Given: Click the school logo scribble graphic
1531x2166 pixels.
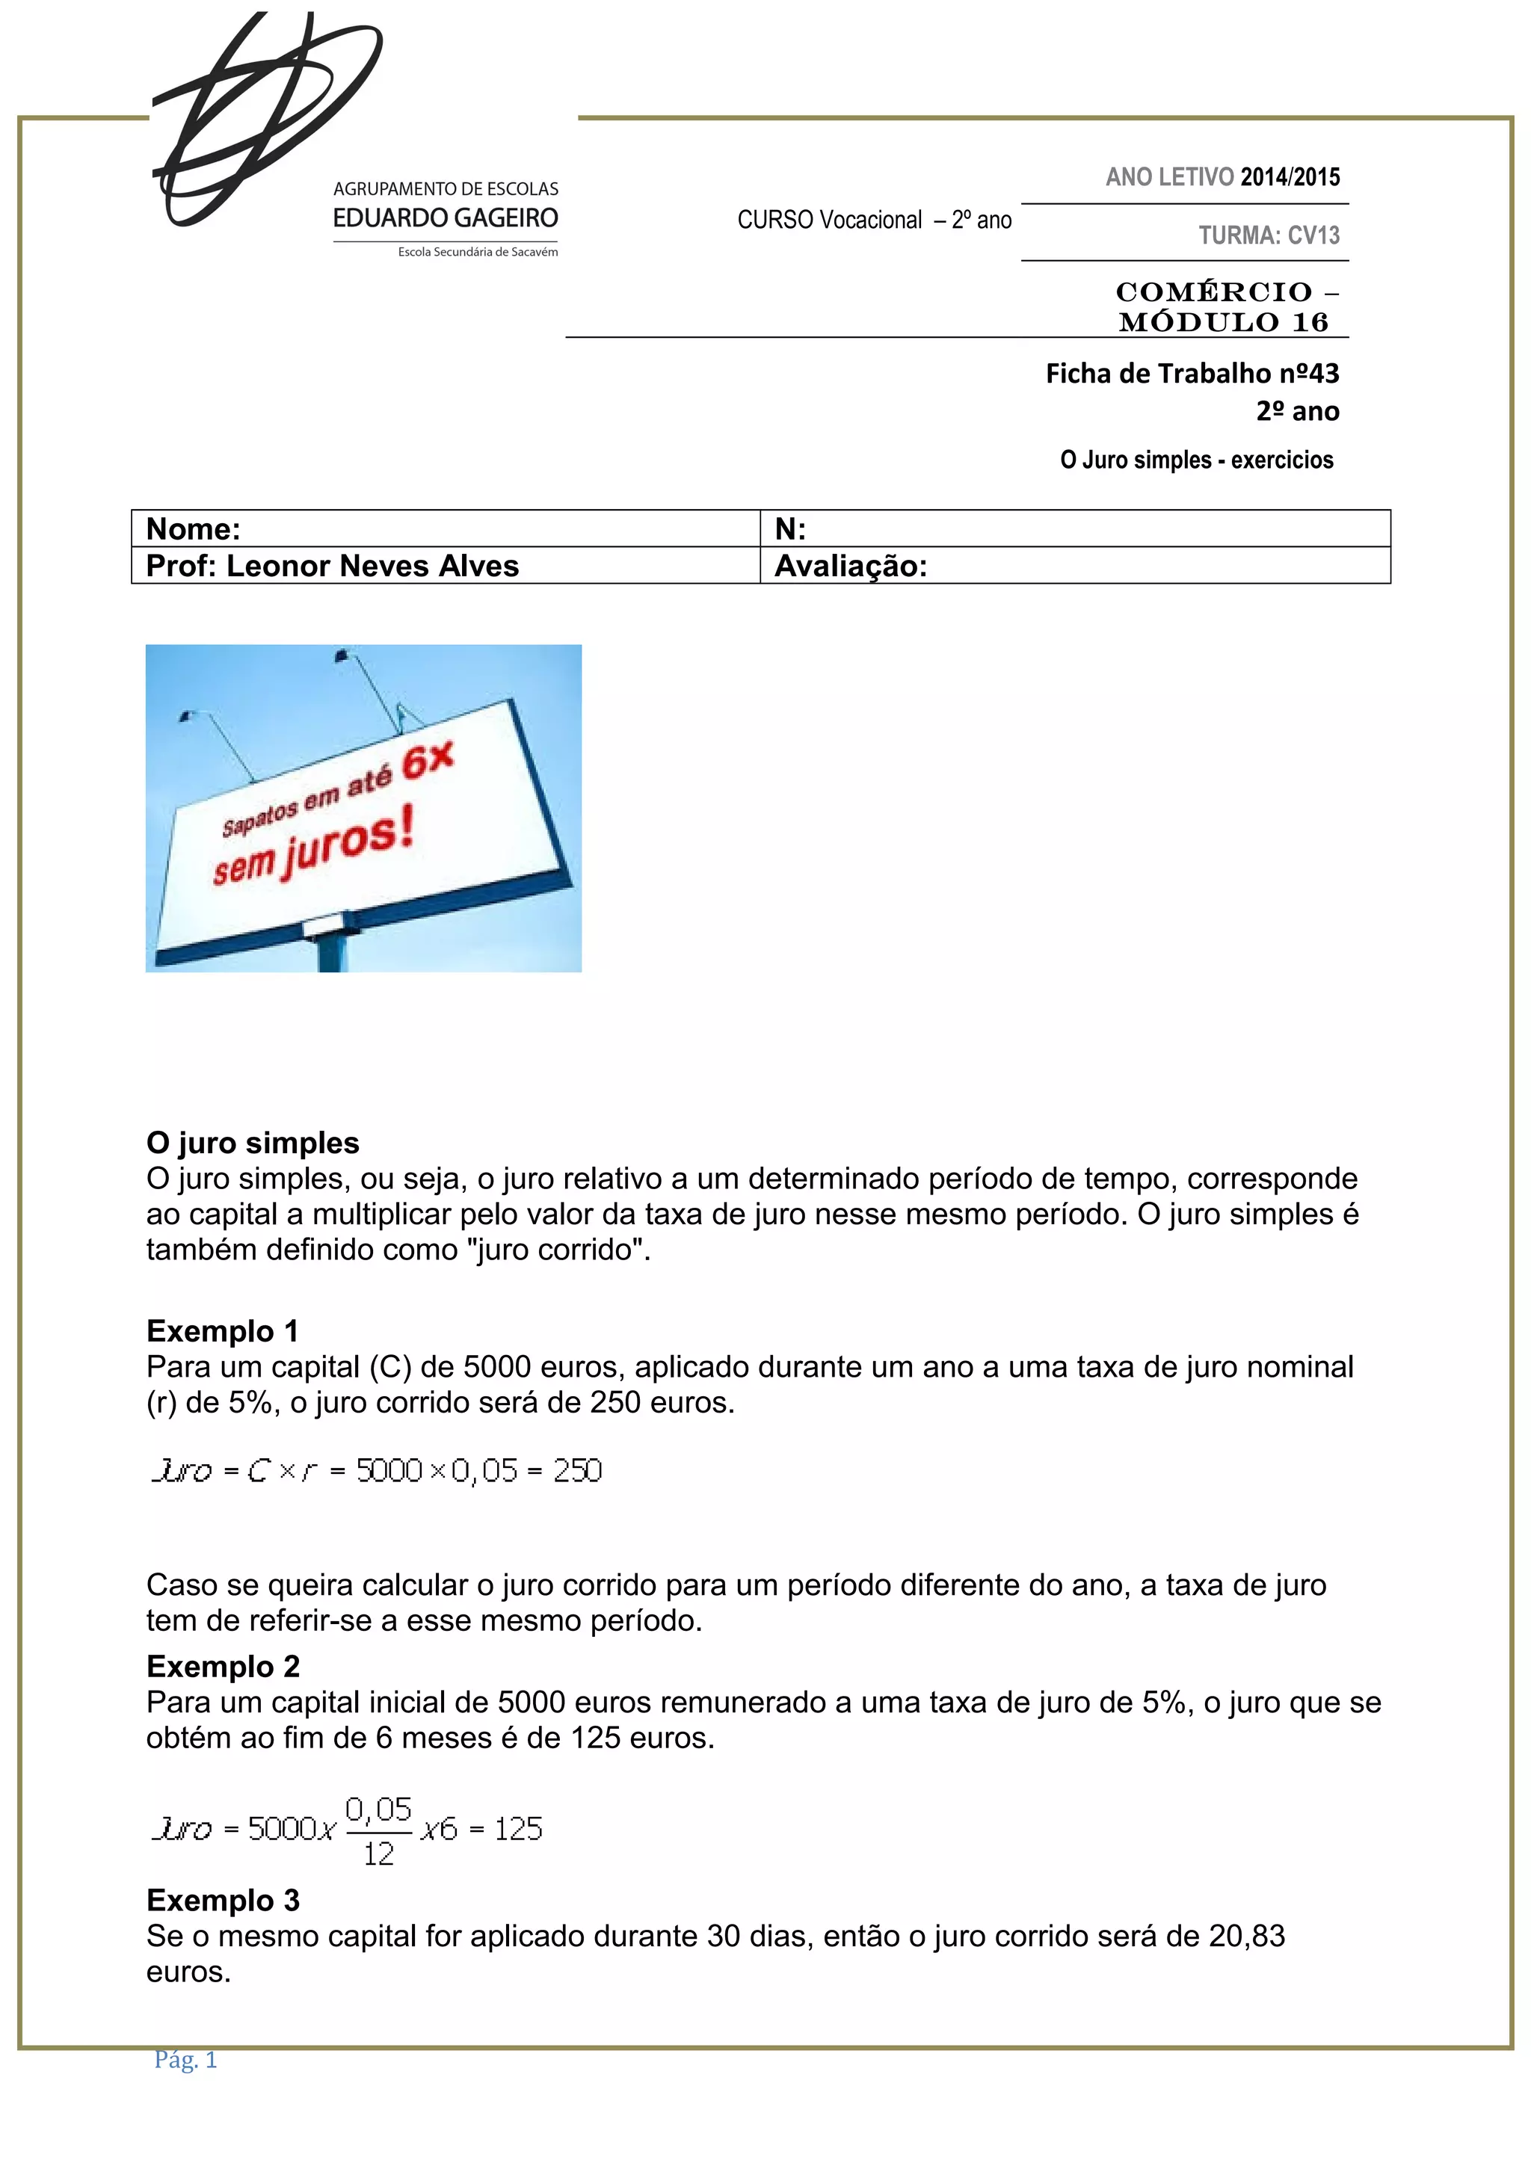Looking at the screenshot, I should tap(264, 118).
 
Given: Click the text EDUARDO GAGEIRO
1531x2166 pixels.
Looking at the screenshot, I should tap(446, 218).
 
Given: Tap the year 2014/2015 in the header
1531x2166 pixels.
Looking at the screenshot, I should tap(1290, 176).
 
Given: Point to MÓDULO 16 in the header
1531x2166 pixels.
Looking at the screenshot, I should tap(1224, 323).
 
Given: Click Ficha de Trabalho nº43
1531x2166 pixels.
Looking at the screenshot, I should tap(1192, 374).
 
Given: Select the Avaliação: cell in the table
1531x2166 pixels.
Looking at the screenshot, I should tap(851, 566).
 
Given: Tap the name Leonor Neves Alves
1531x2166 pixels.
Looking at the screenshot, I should tap(372, 566).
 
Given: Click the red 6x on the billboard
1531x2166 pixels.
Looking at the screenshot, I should tap(428, 760).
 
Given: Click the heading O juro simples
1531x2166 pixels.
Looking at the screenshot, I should tap(253, 1143).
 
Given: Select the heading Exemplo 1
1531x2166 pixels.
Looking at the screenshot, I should tap(223, 1331).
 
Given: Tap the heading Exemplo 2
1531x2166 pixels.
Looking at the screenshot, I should tap(223, 1666).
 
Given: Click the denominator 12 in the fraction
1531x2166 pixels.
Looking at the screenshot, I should tap(378, 1854).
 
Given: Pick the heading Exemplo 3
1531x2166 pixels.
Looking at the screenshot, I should tap(223, 1900).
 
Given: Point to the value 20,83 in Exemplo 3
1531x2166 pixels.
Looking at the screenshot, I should tap(1246, 1936).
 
